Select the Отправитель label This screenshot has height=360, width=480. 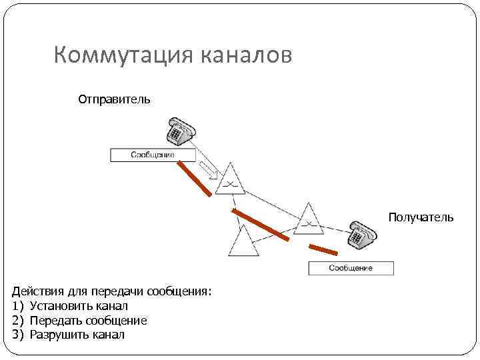tap(114, 99)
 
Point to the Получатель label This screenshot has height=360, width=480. tap(421, 217)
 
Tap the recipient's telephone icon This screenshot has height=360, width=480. tap(361, 235)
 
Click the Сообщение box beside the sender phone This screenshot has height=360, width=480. tap(153, 155)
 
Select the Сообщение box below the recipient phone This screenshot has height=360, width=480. tap(351, 268)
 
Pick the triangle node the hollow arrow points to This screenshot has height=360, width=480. tap(230, 180)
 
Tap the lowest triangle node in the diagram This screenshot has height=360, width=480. tap(243, 243)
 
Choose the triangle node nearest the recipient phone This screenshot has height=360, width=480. tap(309, 219)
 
